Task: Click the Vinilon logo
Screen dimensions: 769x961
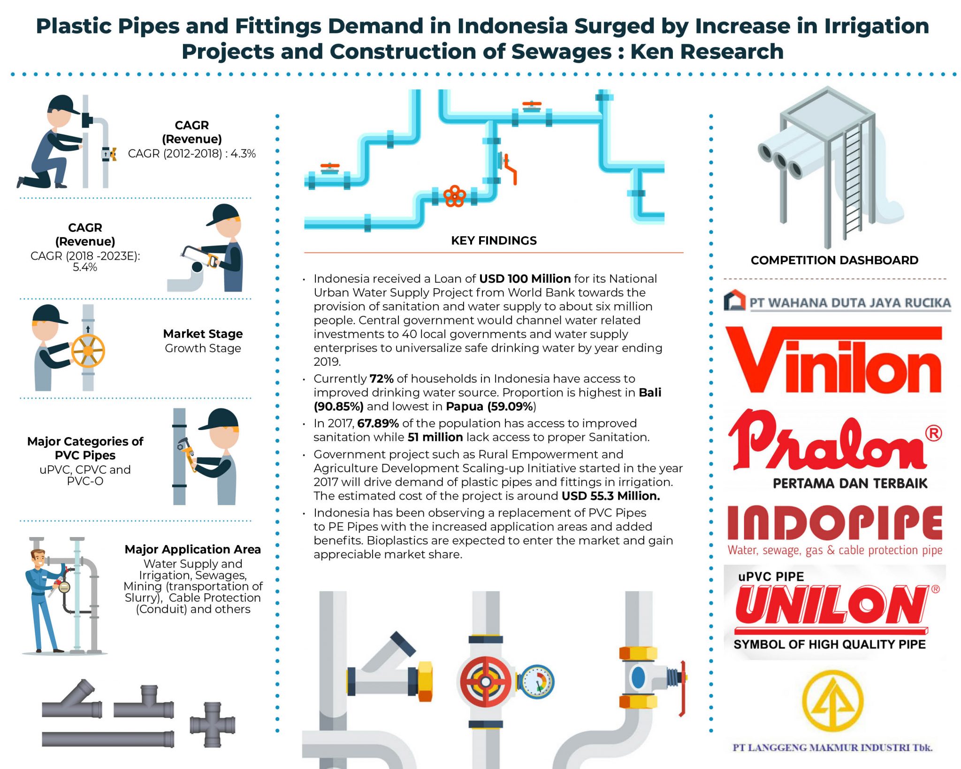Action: click(x=833, y=361)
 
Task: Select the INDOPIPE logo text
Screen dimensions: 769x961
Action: click(x=834, y=523)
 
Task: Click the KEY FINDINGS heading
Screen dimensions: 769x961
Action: click(x=494, y=241)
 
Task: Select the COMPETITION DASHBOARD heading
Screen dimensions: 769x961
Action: click(x=834, y=260)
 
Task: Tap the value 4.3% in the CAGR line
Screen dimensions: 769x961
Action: click(x=243, y=154)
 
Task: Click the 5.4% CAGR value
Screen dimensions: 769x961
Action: click(x=85, y=268)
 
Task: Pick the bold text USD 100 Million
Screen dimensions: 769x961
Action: click(x=525, y=279)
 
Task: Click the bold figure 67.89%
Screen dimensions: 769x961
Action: click(x=378, y=423)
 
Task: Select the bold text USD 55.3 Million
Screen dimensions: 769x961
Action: click(x=610, y=496)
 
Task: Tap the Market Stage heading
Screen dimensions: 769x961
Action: click(x=203, y=334)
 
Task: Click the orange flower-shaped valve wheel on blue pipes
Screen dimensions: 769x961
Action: click(x=454, y=196)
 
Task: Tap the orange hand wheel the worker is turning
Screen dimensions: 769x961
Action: click(x=88, y=351)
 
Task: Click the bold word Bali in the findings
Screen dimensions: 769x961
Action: click(x=650, y=392)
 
